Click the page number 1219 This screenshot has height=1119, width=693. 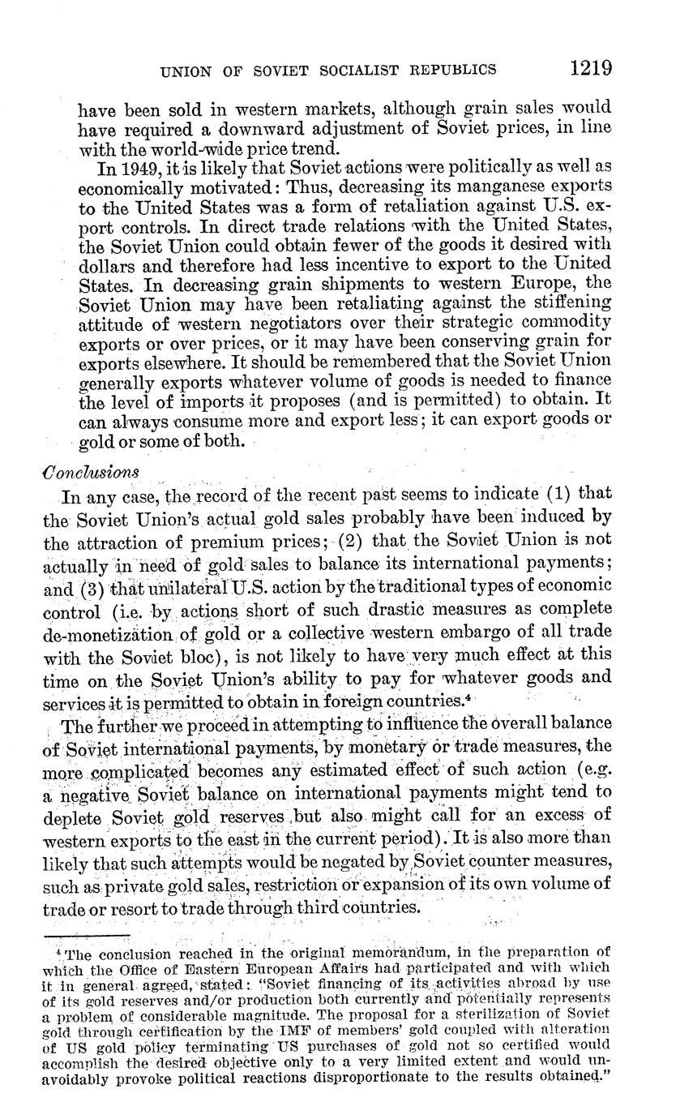(589, 67)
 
